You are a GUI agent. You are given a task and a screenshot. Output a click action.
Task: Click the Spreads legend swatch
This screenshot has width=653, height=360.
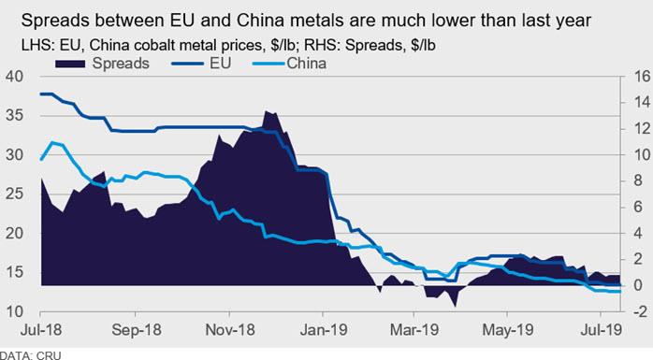click(x=70, y=64)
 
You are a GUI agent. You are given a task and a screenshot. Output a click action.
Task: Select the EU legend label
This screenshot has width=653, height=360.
click(x=220, y=64)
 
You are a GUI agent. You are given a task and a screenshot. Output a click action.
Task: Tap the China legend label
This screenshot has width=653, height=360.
click(x=306, y=64)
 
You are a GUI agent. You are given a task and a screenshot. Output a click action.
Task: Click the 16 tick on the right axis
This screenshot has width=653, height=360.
click(x=641, y=76)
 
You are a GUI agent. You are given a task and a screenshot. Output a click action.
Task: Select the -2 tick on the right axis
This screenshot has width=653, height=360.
click(x=639, y=311)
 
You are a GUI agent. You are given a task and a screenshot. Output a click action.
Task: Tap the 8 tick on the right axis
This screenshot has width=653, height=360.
click(x=639, y=181)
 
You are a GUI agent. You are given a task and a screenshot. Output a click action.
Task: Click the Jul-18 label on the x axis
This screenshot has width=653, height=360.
click(x=41, y=330)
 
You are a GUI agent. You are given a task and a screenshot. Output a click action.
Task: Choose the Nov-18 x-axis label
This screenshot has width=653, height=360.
click(x=230, y=330)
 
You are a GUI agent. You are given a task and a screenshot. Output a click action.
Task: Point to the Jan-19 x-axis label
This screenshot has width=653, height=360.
click(x=324, y=330)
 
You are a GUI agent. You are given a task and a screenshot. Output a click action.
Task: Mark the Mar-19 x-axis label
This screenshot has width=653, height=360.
click(x=414, y=330)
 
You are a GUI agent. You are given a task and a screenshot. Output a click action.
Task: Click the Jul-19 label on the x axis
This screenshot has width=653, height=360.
click(x=601, y=330)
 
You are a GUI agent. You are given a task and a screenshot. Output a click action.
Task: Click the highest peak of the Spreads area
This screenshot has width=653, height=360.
click(x=266, y=111)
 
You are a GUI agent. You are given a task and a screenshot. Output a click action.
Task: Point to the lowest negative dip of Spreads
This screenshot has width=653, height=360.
click(x=456, y=307)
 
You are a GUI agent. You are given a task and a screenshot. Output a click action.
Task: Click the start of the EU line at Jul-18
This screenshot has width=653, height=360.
click(x=41, y=94)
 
